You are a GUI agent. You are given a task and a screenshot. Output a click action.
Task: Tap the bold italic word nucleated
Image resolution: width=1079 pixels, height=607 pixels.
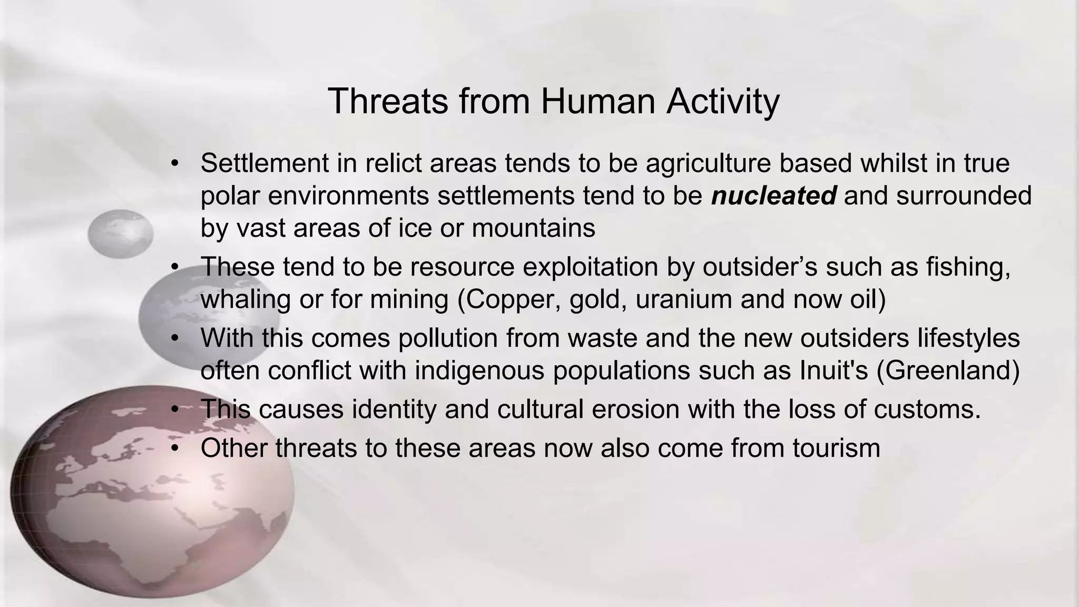point(773,196)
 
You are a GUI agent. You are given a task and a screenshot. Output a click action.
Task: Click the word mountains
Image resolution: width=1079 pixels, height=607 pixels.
point(533,228)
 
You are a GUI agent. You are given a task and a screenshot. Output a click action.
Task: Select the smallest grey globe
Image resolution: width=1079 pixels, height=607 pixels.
point(120,233)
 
